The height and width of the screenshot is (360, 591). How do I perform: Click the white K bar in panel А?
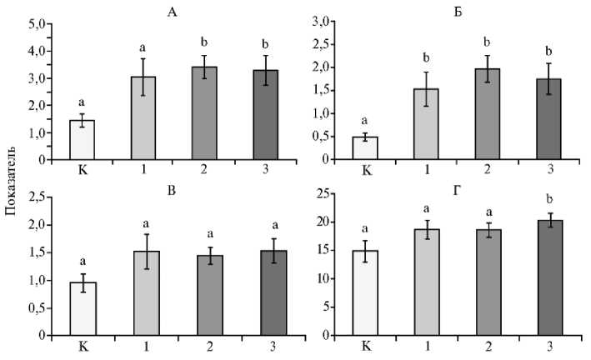82,139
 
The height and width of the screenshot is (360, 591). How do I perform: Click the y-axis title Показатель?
11,180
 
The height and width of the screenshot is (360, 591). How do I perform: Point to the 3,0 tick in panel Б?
323,21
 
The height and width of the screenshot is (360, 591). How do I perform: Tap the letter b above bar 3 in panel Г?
549,200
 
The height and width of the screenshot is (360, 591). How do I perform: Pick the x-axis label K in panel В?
82,346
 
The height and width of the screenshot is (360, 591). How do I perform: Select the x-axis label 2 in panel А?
204,170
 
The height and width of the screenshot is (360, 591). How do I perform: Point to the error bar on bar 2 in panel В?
204,256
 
